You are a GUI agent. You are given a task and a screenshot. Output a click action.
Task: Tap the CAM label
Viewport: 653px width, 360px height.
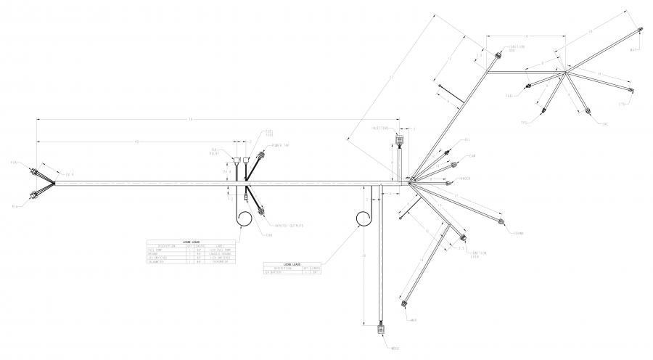pos(472,155)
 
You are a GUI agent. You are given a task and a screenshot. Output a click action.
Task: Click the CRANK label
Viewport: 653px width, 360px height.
pos(517,232)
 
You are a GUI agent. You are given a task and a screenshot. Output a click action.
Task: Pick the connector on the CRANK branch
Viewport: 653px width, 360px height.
pos(500,219)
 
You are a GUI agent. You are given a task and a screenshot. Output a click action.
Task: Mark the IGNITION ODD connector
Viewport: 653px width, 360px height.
pos(498,55)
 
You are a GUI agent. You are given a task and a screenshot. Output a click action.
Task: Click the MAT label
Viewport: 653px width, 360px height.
pos(633,49)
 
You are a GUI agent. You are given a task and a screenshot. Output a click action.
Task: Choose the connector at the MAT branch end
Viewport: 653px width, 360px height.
pos(641,30)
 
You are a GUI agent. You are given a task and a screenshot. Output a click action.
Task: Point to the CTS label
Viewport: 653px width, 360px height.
pos(621,104)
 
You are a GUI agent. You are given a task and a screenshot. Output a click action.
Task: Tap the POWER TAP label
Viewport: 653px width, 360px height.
pos(280,145)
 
